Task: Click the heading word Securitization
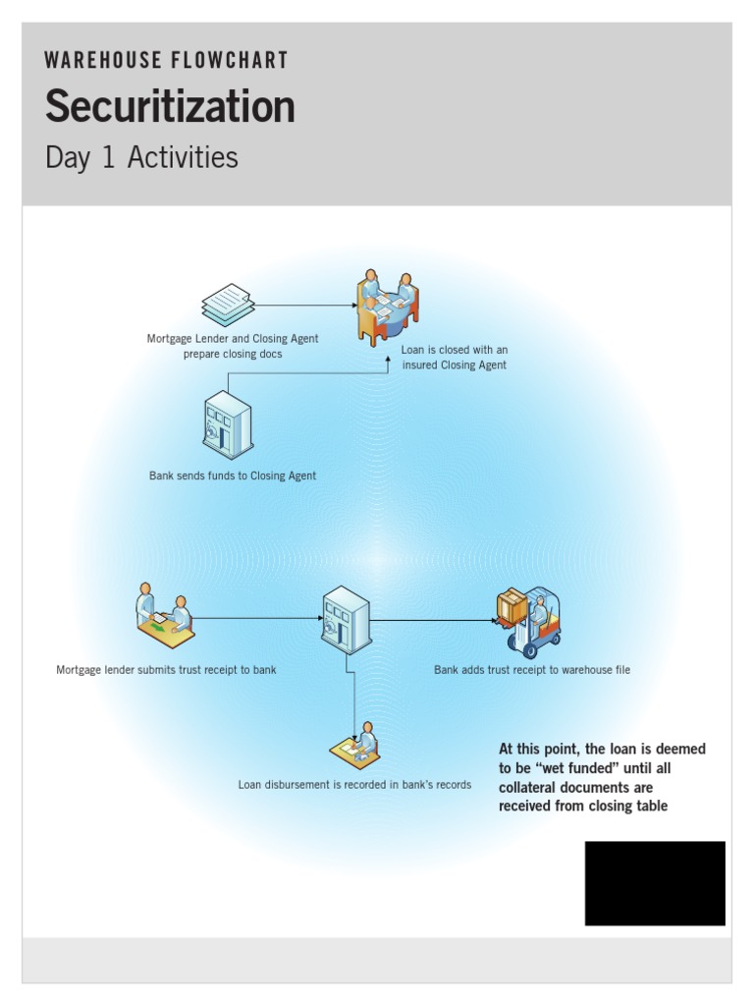[x=170, y=106]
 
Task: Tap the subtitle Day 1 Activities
[x=141, y=157]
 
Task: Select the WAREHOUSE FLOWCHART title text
[x=166, y=61]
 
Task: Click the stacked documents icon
[x=228, y=305]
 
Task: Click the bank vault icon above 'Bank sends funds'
[x=228, y=424]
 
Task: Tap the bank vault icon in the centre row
[x=347, y=620]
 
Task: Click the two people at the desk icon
[x=164, y=616]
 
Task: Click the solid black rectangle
[x=655, y=882]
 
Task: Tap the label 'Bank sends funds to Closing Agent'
[x=233, y=475]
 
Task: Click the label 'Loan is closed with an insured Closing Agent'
[x=455, y=358]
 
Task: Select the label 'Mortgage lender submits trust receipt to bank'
[x=166, y=670]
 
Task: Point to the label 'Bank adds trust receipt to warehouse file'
[x=532, y=670]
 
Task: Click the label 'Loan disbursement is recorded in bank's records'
[x=354, y=785]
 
